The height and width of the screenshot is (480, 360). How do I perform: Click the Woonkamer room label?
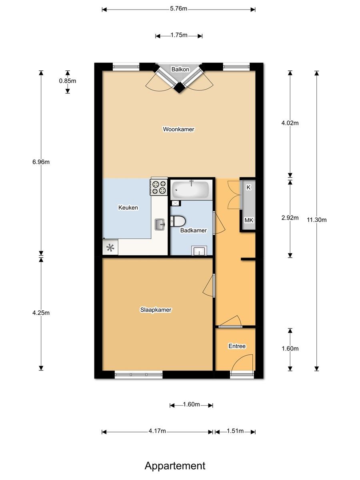[178, 129]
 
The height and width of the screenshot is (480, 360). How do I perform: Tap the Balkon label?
[180, 70]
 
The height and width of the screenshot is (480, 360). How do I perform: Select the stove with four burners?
[158, 187]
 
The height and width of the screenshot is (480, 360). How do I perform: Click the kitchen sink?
[160, 224]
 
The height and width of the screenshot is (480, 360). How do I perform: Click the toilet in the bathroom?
[177, 221]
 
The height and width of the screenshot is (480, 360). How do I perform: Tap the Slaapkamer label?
[156, 310]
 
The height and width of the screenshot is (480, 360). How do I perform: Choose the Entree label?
[237, 346]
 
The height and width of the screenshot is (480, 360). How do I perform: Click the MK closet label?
[249, 220]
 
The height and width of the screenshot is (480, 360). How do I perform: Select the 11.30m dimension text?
[317, 220]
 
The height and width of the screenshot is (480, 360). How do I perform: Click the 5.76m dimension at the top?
[178, 9]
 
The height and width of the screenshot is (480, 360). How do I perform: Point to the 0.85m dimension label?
[67, 81]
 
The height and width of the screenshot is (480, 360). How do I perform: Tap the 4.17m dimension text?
[157, 431]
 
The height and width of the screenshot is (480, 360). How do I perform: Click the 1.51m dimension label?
[235, 431]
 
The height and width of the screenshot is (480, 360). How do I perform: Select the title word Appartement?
[175, 466]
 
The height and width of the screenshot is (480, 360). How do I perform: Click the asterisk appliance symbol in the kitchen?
[110, 248]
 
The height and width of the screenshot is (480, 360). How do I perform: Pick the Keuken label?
[128, 208]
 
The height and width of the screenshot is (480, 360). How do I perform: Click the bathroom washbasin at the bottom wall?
[198, 251]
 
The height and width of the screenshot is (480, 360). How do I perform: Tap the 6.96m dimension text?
[41, 162]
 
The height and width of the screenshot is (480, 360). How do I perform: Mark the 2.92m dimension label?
[290, 218]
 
